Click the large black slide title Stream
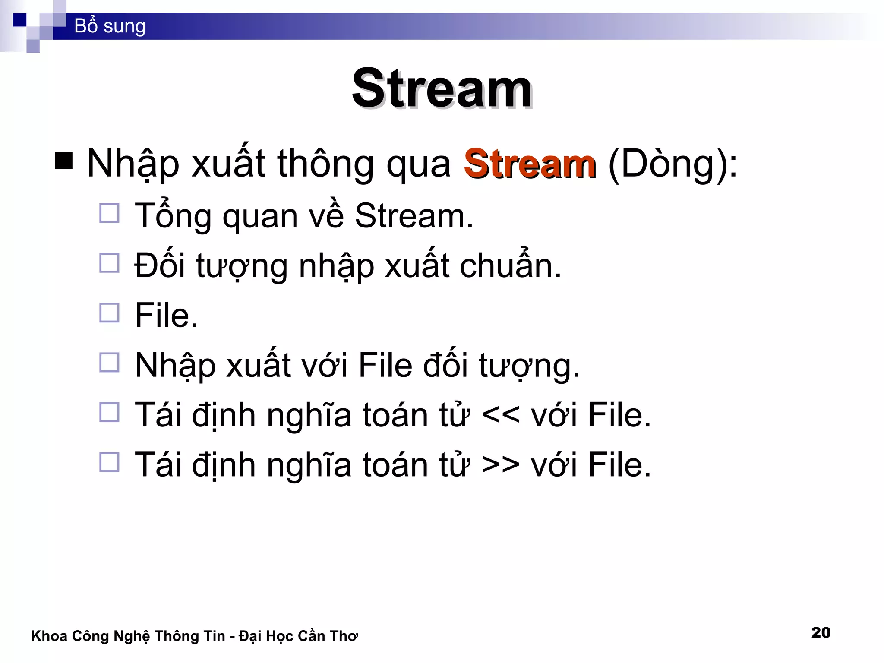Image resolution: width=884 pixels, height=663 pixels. [442, 89]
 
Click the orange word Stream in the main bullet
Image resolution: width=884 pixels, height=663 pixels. [530, 164]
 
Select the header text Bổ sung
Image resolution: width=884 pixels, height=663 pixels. [110, 26]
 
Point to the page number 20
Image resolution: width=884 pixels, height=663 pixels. [821, 632]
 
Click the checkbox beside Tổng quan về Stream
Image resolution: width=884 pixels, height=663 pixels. [109, 213]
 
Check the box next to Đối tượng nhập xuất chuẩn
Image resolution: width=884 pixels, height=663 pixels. [109, 262]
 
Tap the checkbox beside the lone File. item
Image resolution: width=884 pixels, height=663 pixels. [109, 313]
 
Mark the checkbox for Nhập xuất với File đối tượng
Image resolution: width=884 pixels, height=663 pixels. [109, 363]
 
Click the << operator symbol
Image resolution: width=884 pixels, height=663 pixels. [500, 416]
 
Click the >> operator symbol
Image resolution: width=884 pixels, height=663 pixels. [500, 465]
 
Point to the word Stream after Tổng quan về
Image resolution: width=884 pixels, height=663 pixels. [414, 216]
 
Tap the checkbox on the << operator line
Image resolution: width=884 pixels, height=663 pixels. [109, 412]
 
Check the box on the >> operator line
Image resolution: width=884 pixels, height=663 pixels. [109, 462]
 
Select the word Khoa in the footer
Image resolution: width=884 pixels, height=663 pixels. [49, 636]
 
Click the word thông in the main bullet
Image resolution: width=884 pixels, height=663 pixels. [325, 164]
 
